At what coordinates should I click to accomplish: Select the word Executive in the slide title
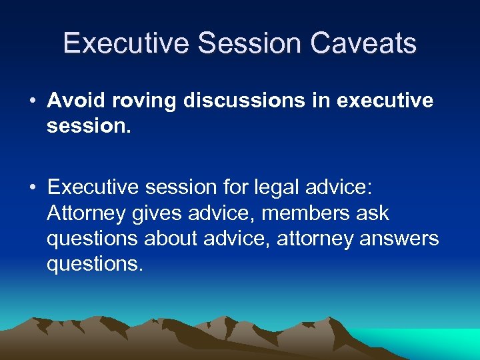(x=126, y=43)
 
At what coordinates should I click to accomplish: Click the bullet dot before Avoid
(x=33, y=101)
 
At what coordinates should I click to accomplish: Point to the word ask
(x=373, y=214)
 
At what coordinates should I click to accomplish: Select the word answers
(x=400, y=239)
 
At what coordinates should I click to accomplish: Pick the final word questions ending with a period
(x=95, y=264)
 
